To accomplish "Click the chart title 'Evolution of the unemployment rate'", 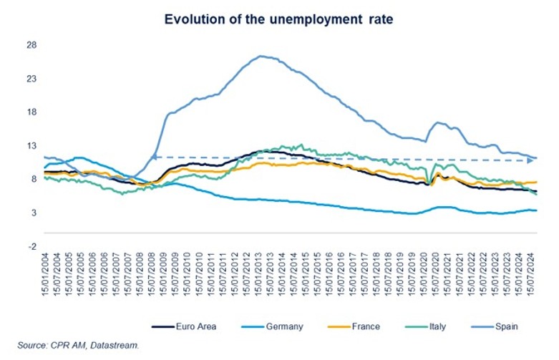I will point(279,19).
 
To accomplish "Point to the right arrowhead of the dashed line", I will point(530,160).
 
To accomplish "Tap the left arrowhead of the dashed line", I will point(153,157).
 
